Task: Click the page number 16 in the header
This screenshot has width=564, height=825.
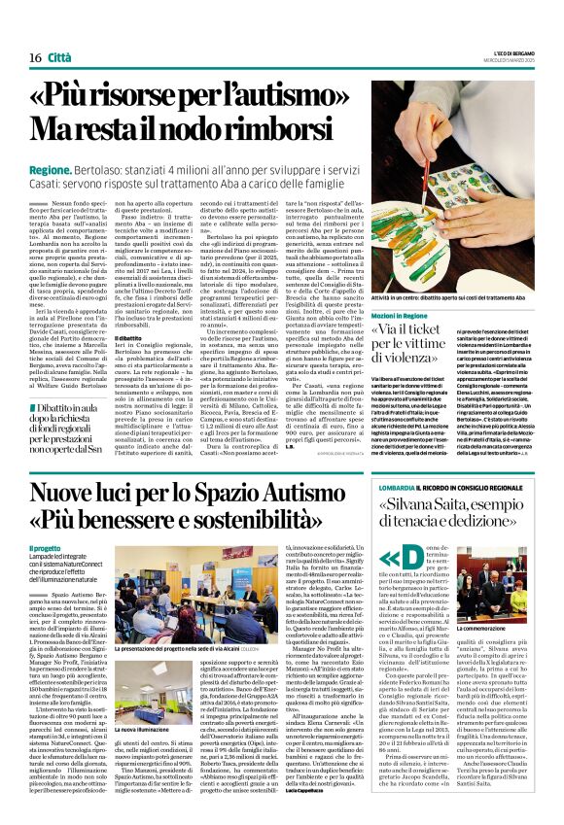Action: click(x=35, y=58)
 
